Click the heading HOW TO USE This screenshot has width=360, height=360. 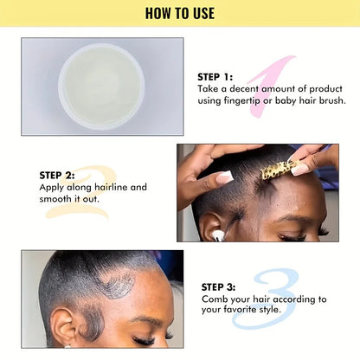pyautogui.click(x=179, y=13)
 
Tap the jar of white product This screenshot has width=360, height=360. pyautogui.click(x=101, y=74)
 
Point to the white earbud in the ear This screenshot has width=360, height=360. pyautogui.click(x=217, y=234)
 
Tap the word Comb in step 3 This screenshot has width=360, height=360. pyautogui.click(x=216, y=299)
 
